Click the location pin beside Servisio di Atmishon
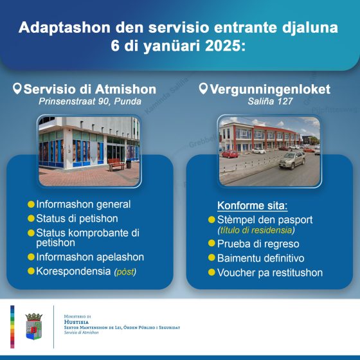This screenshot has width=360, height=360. (17, 88)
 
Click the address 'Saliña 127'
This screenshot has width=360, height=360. (269, 102)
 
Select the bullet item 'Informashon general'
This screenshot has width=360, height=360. (83, 204)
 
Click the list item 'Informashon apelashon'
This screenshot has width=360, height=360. (90, 257)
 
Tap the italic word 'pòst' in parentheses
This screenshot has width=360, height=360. (126, 273)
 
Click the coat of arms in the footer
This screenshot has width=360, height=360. (34, 326)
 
